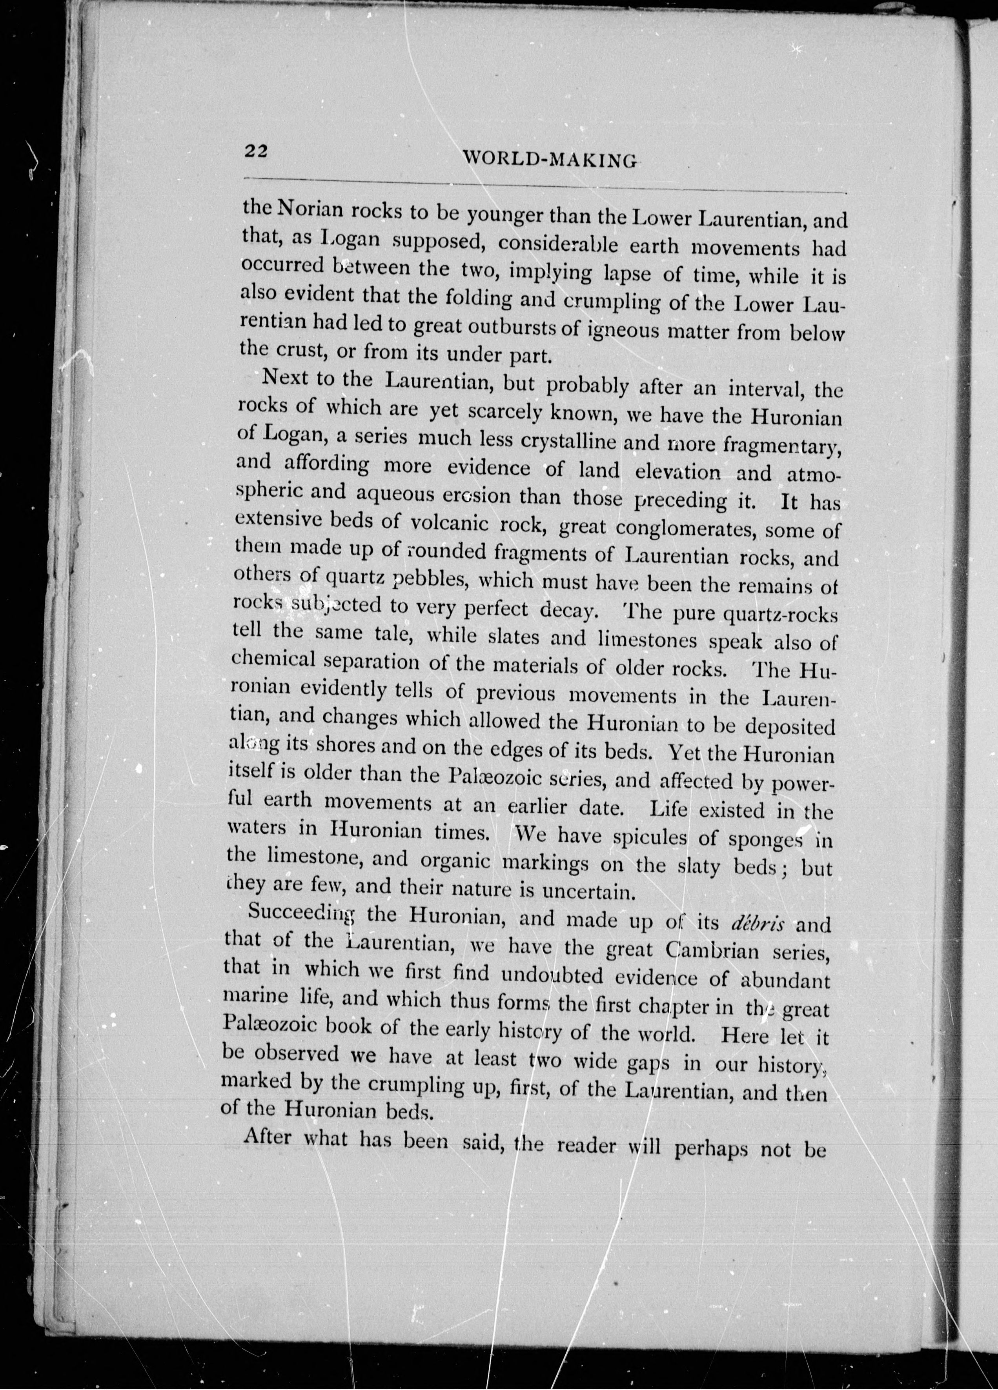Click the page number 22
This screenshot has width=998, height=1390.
click(256, 151)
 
